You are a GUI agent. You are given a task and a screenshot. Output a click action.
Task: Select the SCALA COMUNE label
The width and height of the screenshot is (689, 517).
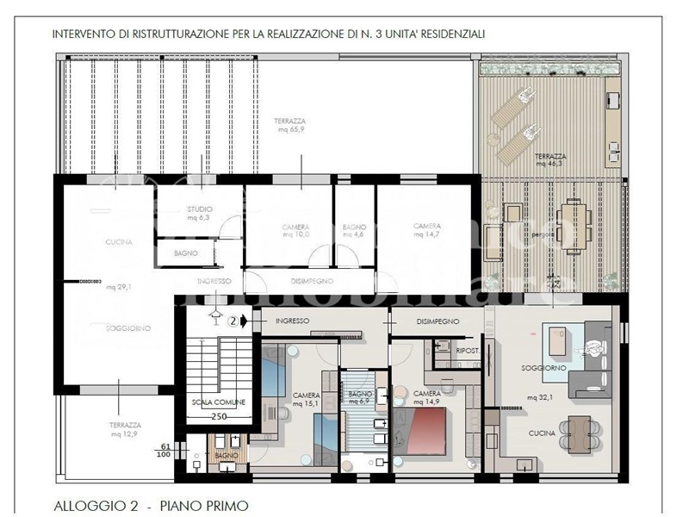pos(218,402)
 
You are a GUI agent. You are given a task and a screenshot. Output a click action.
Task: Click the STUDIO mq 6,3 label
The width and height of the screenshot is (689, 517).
pos(200,213)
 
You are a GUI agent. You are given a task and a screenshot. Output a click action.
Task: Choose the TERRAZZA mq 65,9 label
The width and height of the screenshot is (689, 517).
pos(289,125)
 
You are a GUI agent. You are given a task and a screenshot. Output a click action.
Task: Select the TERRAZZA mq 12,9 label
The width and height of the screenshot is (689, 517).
pos(127,430)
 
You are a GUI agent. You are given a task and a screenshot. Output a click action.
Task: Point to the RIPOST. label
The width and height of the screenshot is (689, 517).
pos(468,352)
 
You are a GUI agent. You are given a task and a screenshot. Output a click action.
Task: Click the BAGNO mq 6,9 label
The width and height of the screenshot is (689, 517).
pos(358,397)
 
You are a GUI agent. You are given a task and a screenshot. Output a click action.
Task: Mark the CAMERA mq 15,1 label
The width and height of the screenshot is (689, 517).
pos(306,398)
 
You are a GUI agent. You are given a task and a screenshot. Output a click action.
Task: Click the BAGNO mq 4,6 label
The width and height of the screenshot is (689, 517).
pos(354,230)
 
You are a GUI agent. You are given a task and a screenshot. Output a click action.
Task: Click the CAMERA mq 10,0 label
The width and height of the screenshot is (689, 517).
pos(295,230)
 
